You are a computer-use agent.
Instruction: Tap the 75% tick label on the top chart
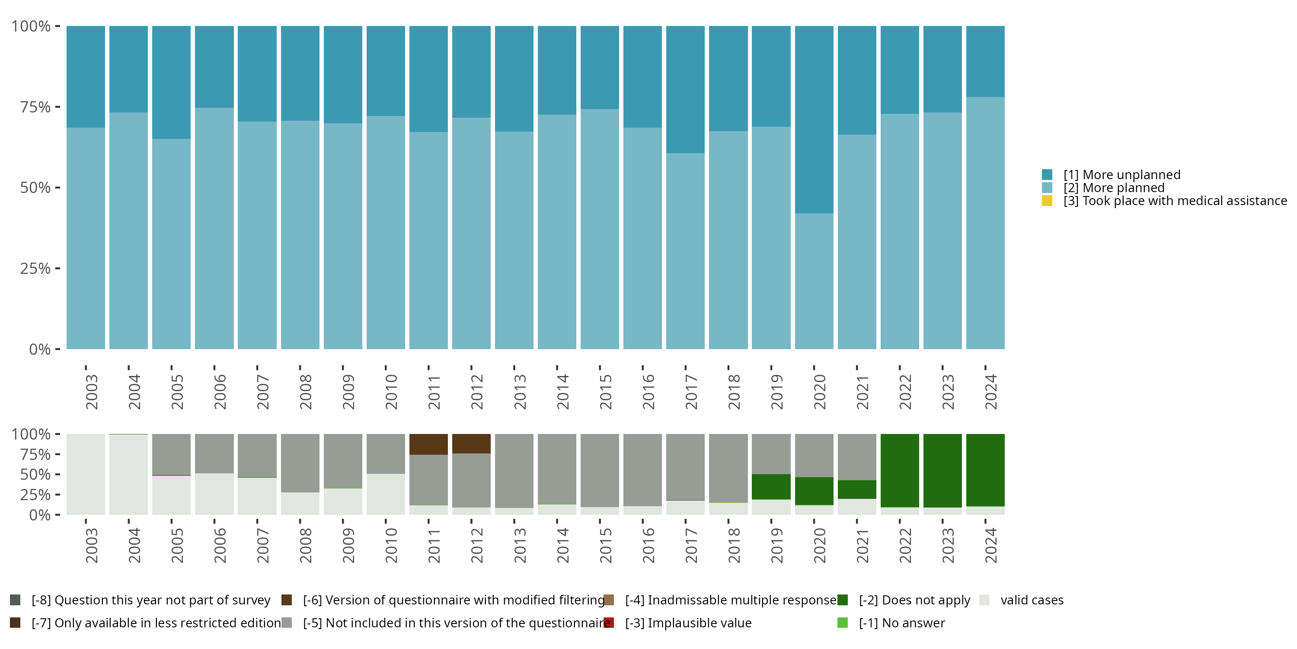(35, 107)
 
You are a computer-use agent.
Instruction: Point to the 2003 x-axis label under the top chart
(92, 392)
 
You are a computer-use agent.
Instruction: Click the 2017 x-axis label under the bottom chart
(691, 545)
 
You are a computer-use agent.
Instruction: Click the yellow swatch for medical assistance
(1047, 201)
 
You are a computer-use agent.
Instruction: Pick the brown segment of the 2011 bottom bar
(428, 444)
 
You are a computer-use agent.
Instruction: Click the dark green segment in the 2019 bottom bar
(771, 486)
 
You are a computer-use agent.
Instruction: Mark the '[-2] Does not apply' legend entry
(914, 600)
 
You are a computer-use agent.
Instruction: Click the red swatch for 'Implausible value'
(609, 623)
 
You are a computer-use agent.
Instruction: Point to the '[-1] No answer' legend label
(901, 623)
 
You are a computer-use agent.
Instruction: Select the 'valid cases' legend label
(1032, 600)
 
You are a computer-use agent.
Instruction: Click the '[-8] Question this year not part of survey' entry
(150, 600)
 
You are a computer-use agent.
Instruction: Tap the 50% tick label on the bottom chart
(35, 474)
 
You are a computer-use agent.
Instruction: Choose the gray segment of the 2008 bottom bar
(300, 463)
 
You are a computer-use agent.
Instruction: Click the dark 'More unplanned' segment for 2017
(685, 89)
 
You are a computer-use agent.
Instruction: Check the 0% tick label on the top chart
(39, 349)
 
